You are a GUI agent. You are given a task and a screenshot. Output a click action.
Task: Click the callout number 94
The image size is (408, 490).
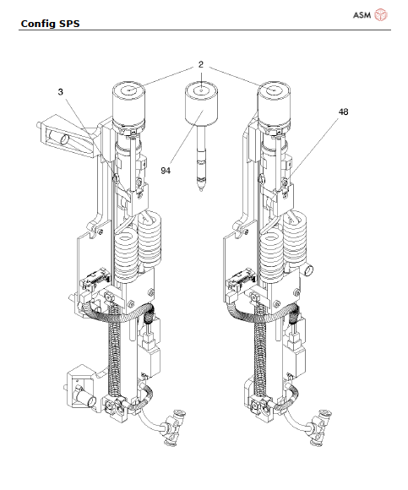tap(166, 171)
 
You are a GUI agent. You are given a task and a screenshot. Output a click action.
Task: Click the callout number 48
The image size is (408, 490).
tap(343, 112)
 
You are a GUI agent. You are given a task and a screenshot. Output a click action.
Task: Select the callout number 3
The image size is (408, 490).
tap(60, 92)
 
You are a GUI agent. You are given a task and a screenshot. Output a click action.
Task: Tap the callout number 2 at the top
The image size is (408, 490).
tap(201, 64)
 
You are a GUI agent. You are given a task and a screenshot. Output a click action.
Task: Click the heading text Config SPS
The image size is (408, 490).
tap(50, 24)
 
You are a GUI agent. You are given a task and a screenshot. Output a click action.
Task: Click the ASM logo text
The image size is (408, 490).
tap(362, 15)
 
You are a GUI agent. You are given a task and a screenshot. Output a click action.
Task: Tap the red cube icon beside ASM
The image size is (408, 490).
tap(381, 14)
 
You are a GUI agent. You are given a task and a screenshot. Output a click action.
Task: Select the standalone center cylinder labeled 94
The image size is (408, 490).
tap(201, 104)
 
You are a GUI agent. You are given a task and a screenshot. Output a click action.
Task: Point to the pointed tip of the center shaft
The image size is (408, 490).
tap(201, 189)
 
